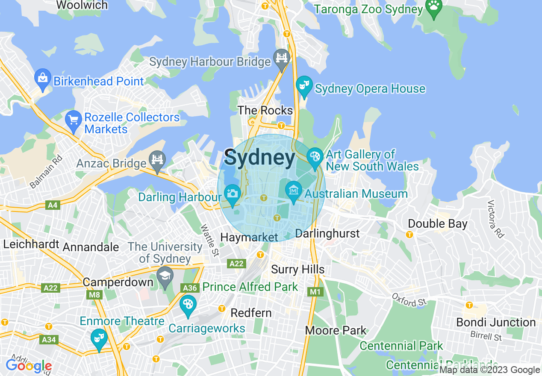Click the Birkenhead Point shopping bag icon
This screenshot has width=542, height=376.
click(x=42, y=78)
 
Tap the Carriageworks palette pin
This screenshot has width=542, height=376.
click(x=188, y=305)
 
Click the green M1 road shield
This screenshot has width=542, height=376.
click(x=315, y=292)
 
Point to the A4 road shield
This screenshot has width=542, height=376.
click(x=52, y=206)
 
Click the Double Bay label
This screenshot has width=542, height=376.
click(x=438, y=224)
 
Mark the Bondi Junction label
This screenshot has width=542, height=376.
click(x=496, y=322)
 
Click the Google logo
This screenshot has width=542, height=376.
click(x=29, y=366)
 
